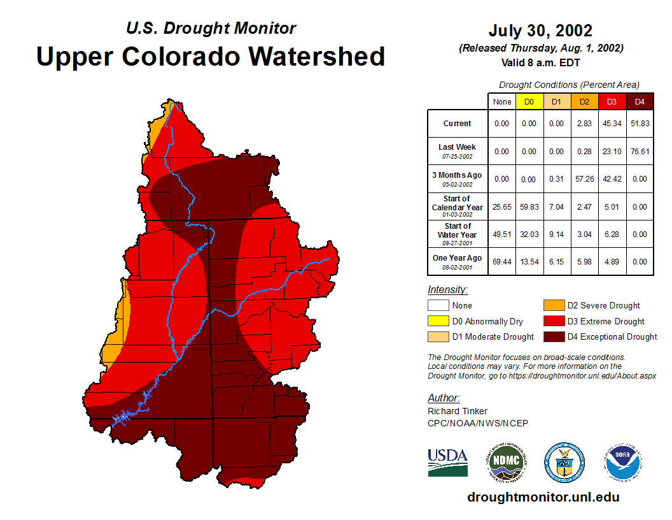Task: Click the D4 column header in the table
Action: tap(640, 102)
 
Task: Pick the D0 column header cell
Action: tap(529, 102)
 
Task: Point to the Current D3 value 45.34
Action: tap(612, 124)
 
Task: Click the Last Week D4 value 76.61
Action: tap(640, 152)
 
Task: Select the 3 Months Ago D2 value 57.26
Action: tap(584, 179)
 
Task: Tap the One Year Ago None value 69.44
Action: tap(501, 262)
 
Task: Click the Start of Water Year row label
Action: tap(458, 234)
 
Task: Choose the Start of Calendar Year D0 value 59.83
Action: tap(529, 207)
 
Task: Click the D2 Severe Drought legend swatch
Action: tap(553, 306)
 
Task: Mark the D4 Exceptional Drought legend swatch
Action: tap(553, 336)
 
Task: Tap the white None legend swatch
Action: tap(438, 306)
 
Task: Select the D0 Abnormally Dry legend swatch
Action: tap(438, 321)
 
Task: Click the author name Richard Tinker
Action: tap(458, 411)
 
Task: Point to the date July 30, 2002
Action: tap(540, 31)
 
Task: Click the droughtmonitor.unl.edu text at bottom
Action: tap(543, 497)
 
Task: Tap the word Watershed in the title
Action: tap(316, 56)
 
